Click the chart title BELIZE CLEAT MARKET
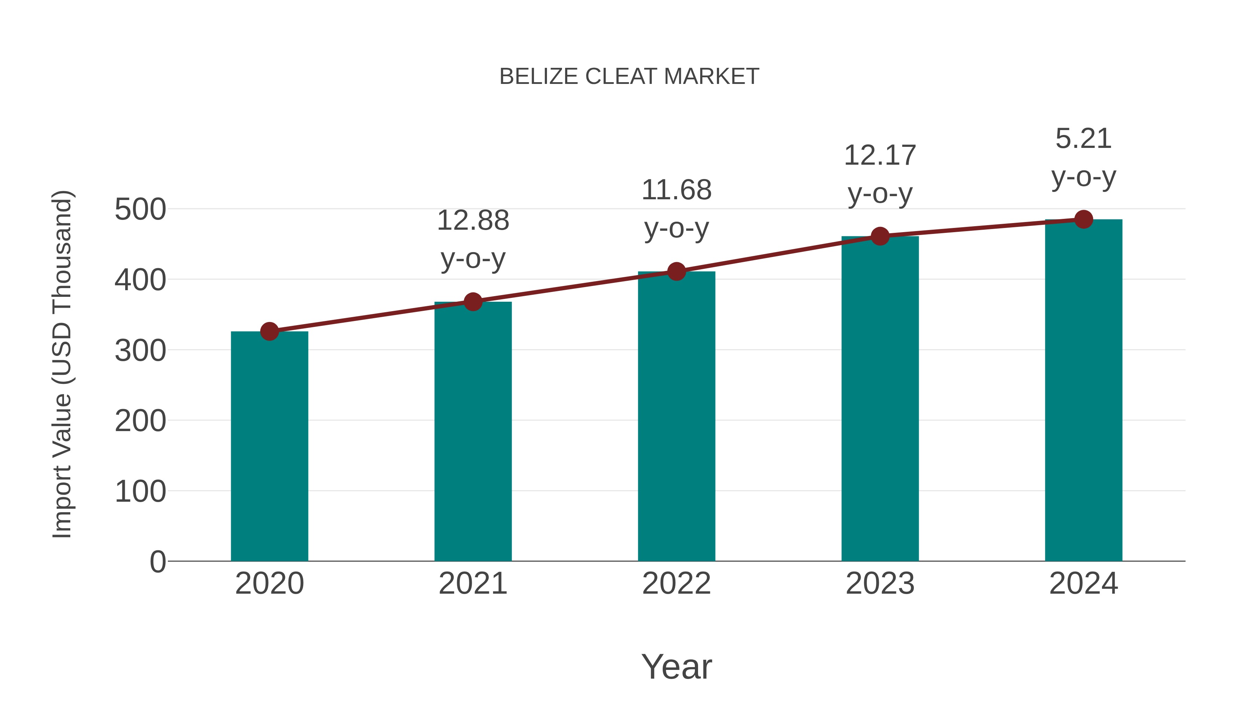(629, 77)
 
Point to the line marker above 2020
(269, 331)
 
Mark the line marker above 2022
(676, 271)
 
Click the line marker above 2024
(1083, 219)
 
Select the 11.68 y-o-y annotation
(676, 209)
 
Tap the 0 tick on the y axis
(157, 562)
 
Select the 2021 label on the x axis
(472, 584)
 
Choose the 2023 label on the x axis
(880, 584)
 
